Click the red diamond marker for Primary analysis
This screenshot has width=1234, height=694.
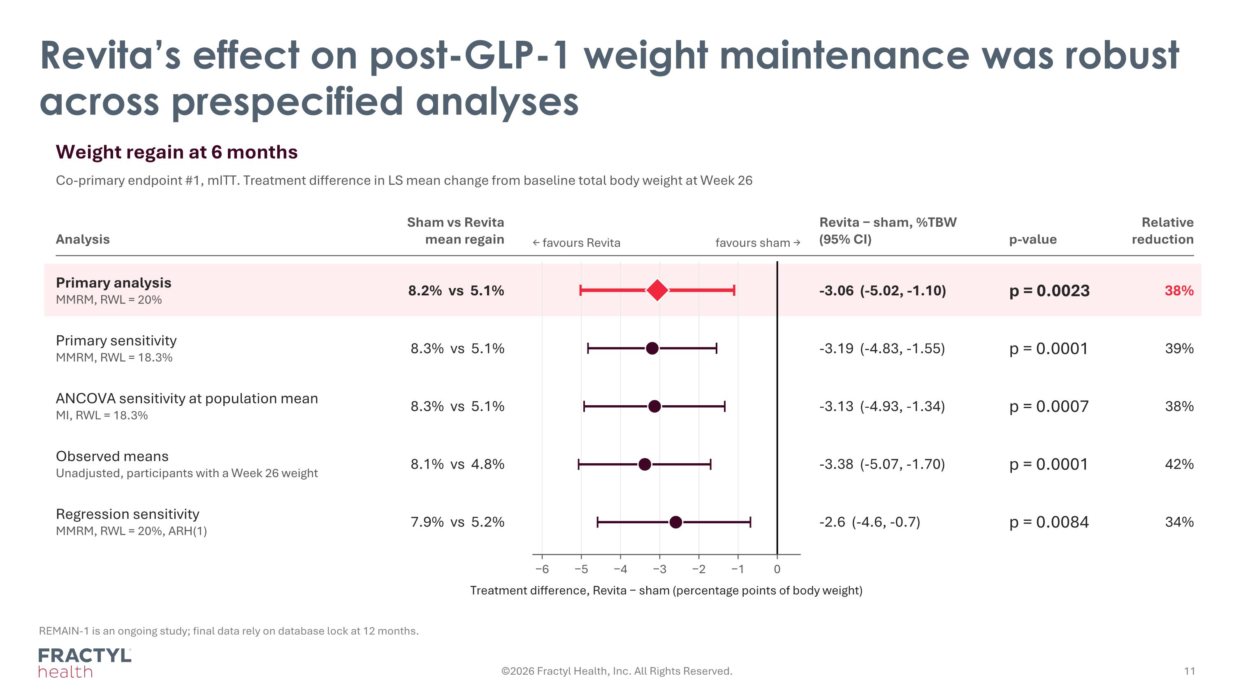click(x=657, y=290)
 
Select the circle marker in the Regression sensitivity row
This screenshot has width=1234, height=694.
click(x=675, y=522)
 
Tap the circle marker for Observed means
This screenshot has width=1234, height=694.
click(x=645, y=464)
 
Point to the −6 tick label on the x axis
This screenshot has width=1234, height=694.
click(x=542, y=569)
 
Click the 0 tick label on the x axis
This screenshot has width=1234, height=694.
click(x=777, y=569)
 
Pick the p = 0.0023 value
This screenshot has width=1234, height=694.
click(x=1049, y=291)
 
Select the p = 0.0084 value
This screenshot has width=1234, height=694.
click(x=1048, y=522)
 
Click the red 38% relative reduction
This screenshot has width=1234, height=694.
click(x=1179, y=291)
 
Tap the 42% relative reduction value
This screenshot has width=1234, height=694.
click(x=1179, y=464)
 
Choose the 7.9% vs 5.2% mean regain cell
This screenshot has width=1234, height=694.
click(x=457, y=522)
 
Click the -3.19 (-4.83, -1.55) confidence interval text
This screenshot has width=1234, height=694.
click(x=882, y=349)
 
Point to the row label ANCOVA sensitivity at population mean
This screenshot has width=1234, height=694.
click(x=187, y=399)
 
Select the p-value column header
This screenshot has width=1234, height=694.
click(x=1033, y=239)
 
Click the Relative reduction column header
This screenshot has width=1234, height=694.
click(x=1162, y=231)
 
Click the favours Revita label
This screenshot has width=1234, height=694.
click(x=576, y=243)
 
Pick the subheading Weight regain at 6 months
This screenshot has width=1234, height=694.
click(x=177, y=152)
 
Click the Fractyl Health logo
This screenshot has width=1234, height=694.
click(x=85, y=663)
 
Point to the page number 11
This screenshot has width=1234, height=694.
click(x=1190, y=671)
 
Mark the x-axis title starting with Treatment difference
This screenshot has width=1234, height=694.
click(x=666, y=591)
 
